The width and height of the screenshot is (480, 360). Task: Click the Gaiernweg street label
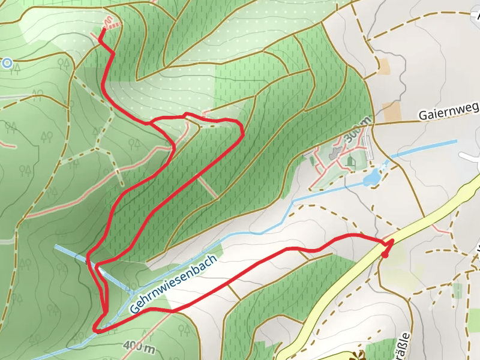[449, 111]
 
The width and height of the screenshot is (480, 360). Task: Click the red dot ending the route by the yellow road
[385, 254]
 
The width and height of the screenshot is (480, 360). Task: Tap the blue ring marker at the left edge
[7, 62]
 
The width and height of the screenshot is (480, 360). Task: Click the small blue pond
[372, 176]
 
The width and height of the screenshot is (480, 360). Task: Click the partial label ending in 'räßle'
[406, 345]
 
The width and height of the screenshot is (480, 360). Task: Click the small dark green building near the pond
[351, 161]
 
